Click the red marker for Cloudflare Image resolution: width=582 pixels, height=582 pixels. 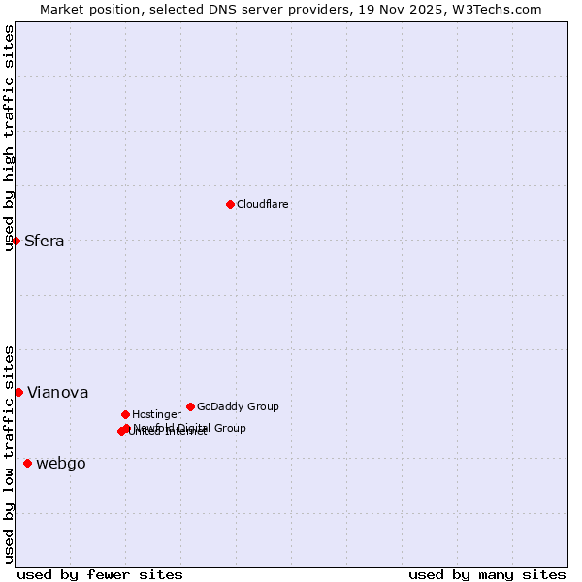click(x=230, y=204)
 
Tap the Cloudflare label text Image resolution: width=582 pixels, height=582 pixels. click(x=263, y=205)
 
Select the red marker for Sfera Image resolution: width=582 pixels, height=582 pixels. click(x=16, y=241)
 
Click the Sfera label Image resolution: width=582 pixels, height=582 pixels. click(x=45, y=242)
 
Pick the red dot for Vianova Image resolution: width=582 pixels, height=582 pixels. click(x=18, y=392)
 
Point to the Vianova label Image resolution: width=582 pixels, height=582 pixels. click(x=58, y=393)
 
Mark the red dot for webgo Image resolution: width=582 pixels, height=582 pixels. click(x=27, y=463)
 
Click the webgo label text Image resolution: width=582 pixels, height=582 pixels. click(x=61, y=464)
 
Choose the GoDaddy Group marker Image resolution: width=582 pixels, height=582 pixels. click(x=190, y=406)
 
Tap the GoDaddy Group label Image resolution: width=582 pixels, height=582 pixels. click(x=238, y=407)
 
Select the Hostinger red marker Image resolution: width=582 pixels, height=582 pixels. click(x=125, y=414)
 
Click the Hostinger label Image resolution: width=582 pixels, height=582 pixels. click(x=157, y=415)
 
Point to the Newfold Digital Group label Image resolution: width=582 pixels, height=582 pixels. click(x=190, y=428)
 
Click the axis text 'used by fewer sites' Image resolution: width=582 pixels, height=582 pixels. click(x=100, y=574)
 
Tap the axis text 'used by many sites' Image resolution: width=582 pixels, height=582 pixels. click(x=487, y=574)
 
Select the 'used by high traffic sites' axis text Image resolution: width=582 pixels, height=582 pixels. click(x=9, y=138)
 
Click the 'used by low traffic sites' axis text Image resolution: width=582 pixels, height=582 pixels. click(x=9, y=453)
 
